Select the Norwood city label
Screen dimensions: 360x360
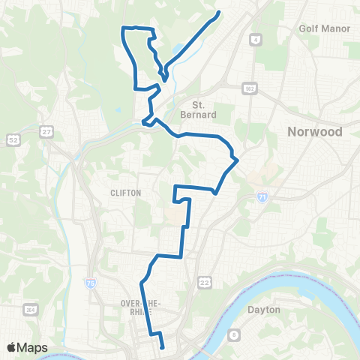[314, 132]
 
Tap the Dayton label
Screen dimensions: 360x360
[263, 309]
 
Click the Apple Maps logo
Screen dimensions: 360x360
[27, 347]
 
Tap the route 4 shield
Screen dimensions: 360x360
[256, 37]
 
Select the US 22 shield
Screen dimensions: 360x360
[204, 282]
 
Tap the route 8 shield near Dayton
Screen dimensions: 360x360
[234, 334]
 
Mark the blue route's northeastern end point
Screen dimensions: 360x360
[219, 12]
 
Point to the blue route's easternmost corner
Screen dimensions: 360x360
[237, 159]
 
